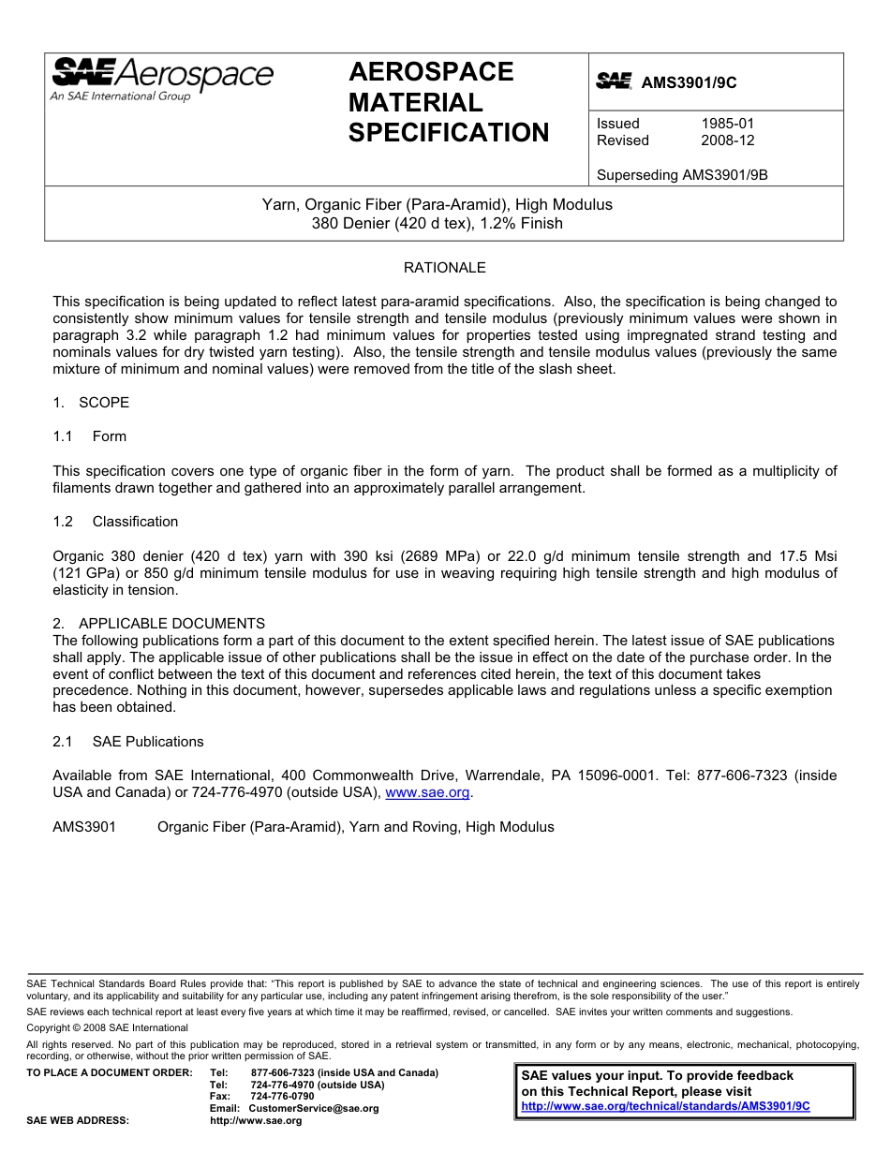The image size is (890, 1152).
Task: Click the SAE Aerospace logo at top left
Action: coord(161,79)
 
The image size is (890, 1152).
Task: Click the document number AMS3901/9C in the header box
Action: coord(689,82)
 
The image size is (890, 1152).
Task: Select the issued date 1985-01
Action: coord(727,124)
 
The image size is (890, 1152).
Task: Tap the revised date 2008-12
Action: coord(727,140)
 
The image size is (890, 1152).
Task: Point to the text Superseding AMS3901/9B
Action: coord(682,174)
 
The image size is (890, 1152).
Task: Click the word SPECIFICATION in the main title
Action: coord(449,133)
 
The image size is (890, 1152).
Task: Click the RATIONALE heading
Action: coord(444,268)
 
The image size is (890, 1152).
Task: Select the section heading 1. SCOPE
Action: coord(91,403)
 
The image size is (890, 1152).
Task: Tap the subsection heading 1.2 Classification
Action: coord(115,522)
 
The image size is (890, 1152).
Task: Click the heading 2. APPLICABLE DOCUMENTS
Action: coord(158,624)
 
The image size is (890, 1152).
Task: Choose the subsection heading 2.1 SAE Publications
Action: coord(128,742)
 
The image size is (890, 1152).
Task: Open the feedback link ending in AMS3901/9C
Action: coord(665,1106)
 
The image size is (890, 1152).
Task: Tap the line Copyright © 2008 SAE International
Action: coord(107,1027)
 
